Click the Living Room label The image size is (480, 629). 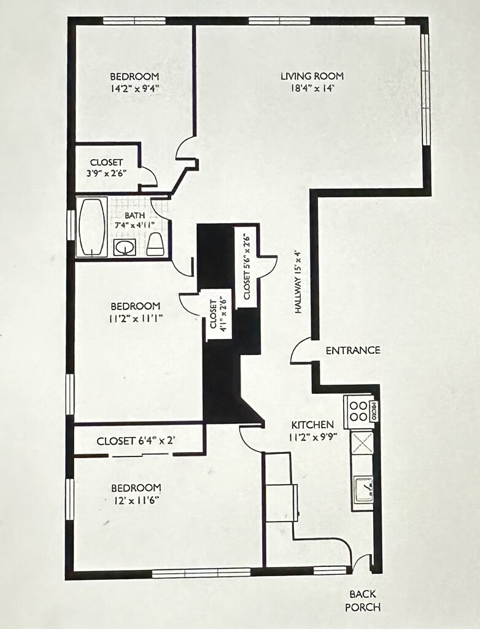pos(312,76)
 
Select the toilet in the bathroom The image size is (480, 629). pos(155,244)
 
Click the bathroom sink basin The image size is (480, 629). pos(126,247)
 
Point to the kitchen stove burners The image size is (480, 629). pos(358,411)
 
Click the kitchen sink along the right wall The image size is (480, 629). pos(363,490)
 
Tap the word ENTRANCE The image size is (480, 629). pos(352,351)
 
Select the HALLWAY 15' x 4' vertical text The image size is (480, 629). pos(298,281)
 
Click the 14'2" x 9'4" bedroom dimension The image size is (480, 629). pos(134,88)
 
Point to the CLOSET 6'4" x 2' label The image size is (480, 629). pos(137,441)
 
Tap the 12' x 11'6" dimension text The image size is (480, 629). pos(136,500)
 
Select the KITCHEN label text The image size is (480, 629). pos(312,424)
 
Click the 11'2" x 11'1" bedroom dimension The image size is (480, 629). pos(136,318)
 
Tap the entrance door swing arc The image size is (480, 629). pos(301,351)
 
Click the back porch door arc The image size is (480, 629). pos(362,563)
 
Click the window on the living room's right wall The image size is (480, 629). pos(425,89)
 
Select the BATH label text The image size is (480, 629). pos(134,216)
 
